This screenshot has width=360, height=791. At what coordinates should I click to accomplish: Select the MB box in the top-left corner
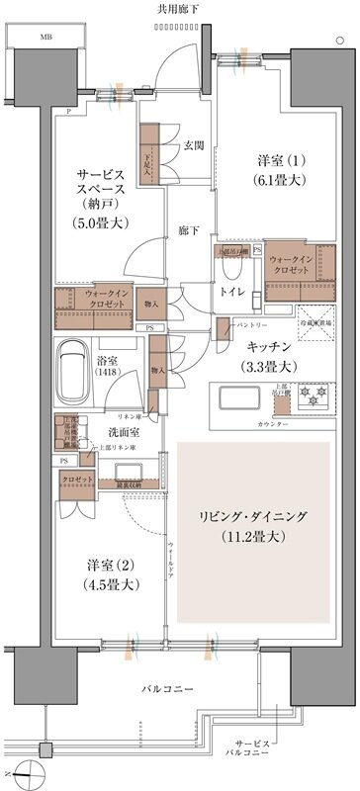click(x=45, y=36)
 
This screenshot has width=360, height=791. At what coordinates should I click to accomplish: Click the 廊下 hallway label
click(x=188, y=231)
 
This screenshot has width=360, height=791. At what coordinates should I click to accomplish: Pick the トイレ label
click(x=232, y=292)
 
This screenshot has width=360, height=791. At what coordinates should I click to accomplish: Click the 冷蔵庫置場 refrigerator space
click(x=316, y=329)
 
